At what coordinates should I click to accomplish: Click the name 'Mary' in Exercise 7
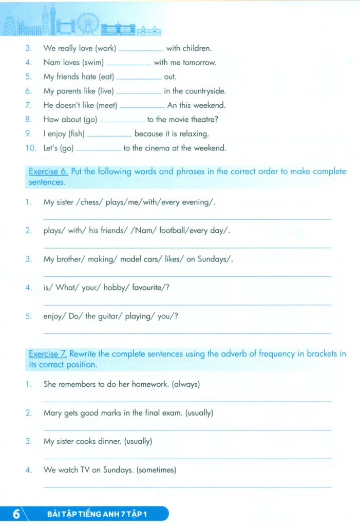53,412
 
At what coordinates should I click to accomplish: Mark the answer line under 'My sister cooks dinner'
187,458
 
